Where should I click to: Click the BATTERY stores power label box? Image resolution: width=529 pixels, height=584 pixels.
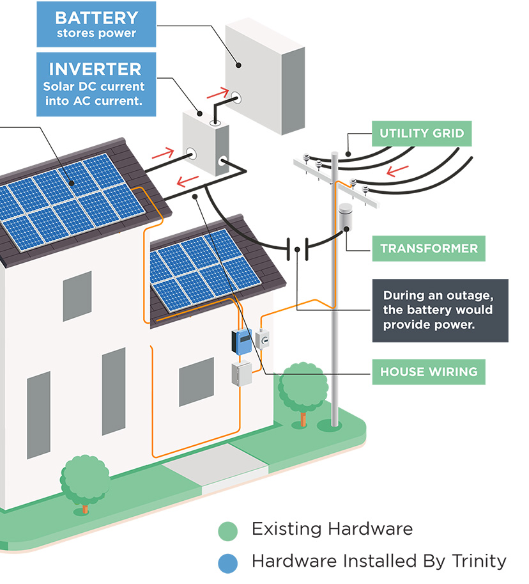[x=96, y=24]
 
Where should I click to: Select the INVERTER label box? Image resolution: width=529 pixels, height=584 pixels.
[x=96, y=84]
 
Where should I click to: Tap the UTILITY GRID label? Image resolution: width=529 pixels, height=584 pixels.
[x=422, y=134]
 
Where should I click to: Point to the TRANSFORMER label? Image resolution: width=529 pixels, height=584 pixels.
[x=429, y=248]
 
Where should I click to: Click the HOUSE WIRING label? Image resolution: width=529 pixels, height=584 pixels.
[x=429, y=372]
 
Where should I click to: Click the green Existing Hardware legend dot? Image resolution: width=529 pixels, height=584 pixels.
[x=227, y=531]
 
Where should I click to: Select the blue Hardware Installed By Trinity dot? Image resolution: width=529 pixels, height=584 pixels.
[x=227, y=562]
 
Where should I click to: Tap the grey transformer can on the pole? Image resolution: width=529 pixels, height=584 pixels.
[x=346, y=217]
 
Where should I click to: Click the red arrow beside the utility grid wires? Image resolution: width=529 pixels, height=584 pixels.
[x=398, y=170]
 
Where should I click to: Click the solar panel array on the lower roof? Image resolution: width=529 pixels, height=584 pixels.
[x=204, y=269]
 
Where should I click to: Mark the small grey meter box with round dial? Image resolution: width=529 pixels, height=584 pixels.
[x=263, y=338]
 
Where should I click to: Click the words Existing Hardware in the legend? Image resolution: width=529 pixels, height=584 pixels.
[x=332, y=530]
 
